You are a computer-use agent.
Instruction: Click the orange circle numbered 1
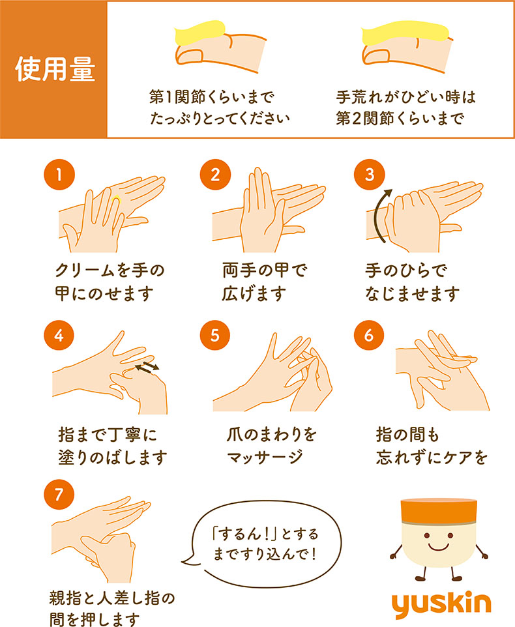[59, 175]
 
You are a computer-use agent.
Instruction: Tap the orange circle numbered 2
[215, 175]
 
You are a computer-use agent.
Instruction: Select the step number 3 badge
[370, 175]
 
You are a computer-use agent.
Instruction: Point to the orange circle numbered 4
[59, 335]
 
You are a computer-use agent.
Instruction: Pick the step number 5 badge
[215, 335]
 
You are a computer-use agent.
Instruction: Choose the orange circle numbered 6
[369, 335]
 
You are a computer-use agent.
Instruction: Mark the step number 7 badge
[59, 495]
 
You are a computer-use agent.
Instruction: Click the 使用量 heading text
[55, 69]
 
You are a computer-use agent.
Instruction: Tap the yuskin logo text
[441, 604]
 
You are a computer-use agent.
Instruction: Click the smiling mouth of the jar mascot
[439, 547]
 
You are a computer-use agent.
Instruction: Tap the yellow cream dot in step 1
[117, 200]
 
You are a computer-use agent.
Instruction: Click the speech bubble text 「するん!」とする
[265, 534]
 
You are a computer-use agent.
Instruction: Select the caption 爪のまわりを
[271, 435]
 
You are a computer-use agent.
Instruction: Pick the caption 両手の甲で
[265, 270]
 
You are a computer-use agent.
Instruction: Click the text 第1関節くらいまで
[212, 96]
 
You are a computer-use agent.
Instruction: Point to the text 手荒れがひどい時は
[405, 96]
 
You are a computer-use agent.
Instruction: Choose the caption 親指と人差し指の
[112, 598]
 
